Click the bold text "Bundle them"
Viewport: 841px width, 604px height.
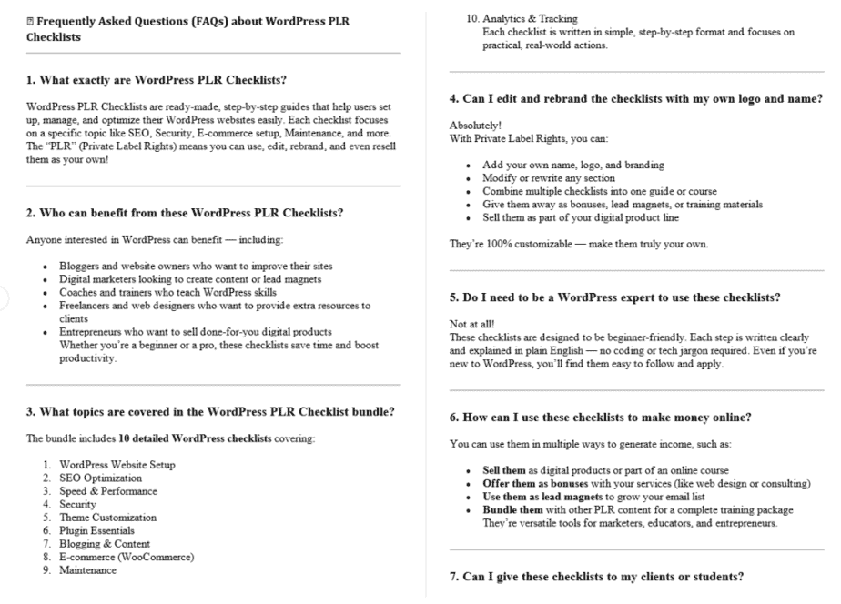click(x=513, y=508)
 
